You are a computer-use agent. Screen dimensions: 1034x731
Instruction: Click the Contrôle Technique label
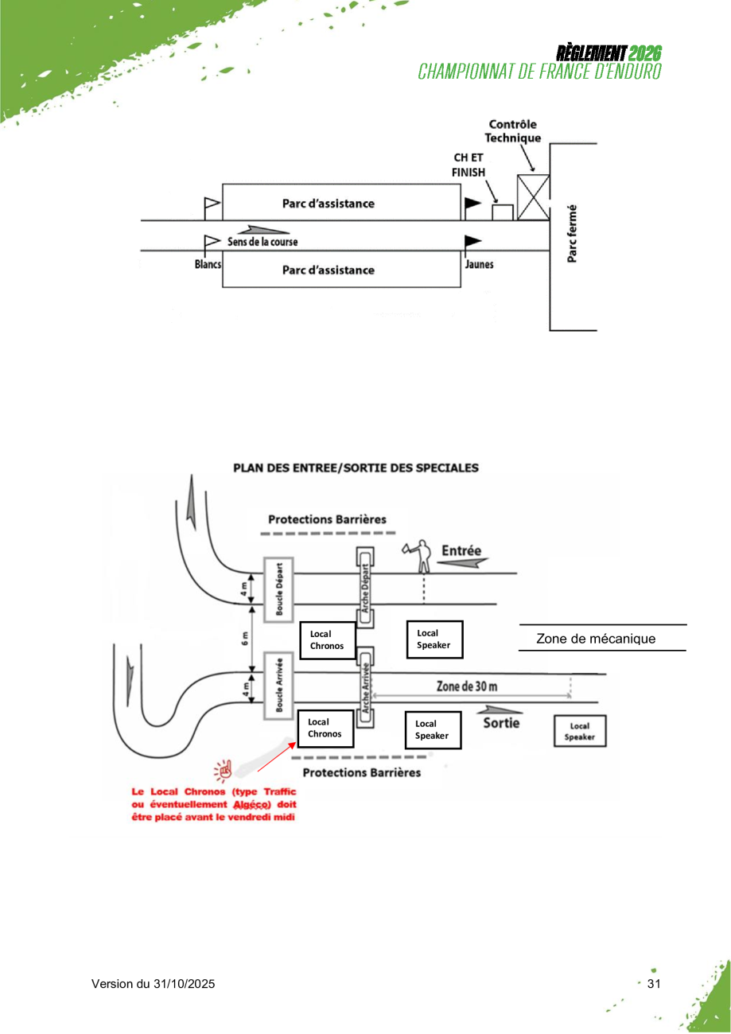pos(513,130)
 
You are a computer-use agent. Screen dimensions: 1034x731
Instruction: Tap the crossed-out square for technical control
pos(534,196)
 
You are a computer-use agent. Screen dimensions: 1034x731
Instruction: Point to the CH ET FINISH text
pos(469,165)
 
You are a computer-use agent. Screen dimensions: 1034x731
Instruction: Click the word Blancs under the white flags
pos(208,264)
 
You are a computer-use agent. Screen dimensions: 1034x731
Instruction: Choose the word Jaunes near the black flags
pos(479,264)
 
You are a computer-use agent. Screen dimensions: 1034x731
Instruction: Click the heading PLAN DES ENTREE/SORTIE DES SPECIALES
pos(356,468)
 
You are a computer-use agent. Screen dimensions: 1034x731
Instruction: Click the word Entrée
pos(461,550)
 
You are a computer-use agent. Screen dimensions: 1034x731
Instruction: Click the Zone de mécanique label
pos(596,639)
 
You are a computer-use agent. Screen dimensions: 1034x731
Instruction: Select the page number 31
pos(655,985)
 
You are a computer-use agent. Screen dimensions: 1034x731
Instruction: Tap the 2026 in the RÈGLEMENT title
pos(645,53)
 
